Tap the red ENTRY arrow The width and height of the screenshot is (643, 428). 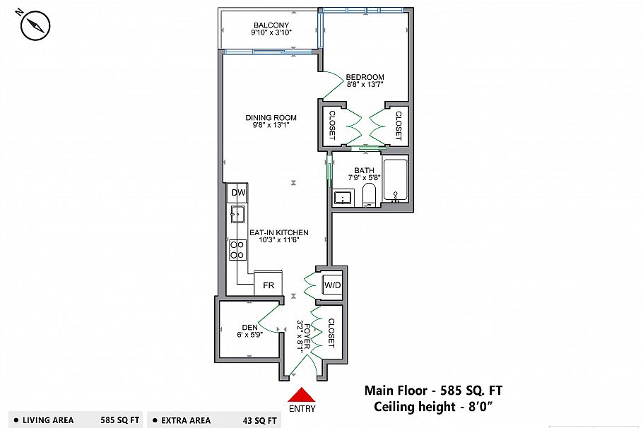pos(302,396)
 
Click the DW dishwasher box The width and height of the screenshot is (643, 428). pos(238,193)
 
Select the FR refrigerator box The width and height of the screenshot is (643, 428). pos(269,285)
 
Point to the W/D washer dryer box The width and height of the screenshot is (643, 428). pos(332,285)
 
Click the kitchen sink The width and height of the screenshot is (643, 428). pos(237,214)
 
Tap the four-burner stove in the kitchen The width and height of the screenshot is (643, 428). pos(237,249)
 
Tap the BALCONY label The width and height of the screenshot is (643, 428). pos(271,25)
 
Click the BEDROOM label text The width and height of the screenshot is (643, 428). pos(365,78)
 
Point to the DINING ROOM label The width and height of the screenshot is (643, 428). pos(271,118)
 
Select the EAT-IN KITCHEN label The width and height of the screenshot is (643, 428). pos(278,232)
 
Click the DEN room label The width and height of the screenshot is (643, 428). pos(250,327)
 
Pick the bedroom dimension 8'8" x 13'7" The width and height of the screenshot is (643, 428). pos(365,85)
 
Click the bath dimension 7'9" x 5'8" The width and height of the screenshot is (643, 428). pos(365,178)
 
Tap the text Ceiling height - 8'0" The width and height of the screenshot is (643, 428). pos(434,406)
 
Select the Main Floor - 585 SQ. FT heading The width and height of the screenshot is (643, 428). pos(434,390)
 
